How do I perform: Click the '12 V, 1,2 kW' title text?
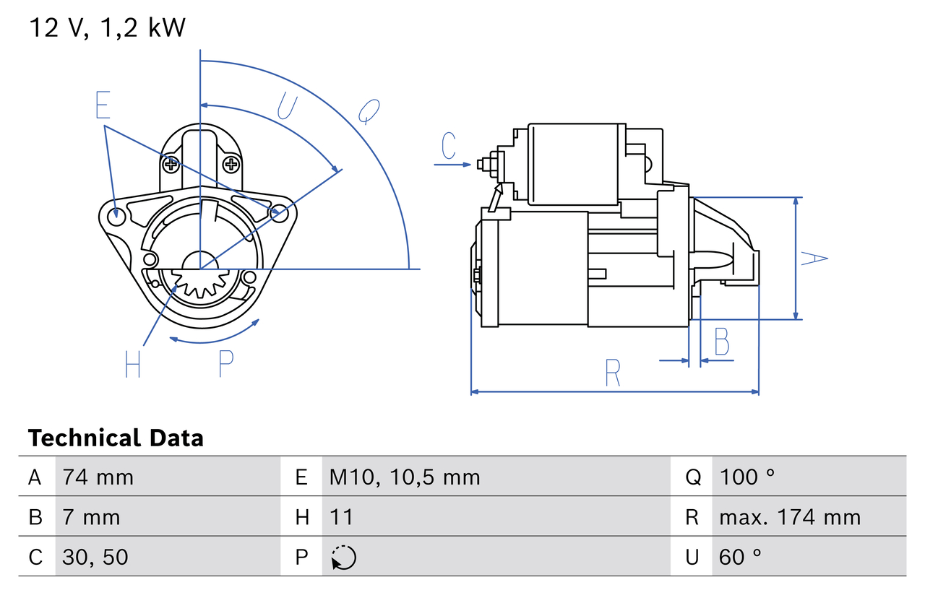[107, 27]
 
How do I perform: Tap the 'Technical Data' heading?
[116, 438]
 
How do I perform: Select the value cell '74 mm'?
[98, 477]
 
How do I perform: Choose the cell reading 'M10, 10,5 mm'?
[404, 477]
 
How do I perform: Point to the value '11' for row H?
[341, 517]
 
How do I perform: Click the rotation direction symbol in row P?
[343, 558]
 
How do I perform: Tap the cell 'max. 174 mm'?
[790, 517]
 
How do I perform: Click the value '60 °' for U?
[741, 557]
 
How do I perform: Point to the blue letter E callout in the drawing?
[103, 105]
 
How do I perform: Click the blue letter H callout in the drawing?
[132, 364]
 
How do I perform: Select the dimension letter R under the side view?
[612, 373]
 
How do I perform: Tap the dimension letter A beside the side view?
[814, 258]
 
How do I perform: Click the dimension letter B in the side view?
[721, 342]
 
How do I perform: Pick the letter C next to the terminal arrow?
[449, 146]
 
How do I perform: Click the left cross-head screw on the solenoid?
[171, 165]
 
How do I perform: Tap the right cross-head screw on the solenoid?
[231, 165]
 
